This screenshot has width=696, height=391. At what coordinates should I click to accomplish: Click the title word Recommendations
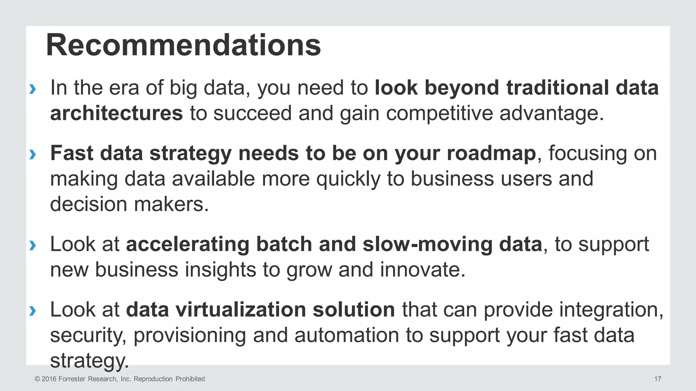[183, 45]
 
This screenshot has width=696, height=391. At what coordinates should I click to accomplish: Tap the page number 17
[658, 379]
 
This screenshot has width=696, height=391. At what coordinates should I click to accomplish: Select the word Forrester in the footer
[72, 379]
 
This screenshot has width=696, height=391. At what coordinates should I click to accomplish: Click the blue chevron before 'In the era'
[33, 89]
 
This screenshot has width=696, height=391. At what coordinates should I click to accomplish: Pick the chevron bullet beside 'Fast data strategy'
[33, 154]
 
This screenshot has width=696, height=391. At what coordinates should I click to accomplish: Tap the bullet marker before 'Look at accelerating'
[33, 245]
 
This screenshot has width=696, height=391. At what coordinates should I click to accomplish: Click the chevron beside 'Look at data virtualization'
[33, 311]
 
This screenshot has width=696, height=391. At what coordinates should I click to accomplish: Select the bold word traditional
[557, 88]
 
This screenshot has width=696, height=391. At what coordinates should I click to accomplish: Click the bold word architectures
[117, 113]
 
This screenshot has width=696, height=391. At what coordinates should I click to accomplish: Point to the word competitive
[439, 113]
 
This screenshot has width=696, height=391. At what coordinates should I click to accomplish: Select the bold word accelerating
[187, 244]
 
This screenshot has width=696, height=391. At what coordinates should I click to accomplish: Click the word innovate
[422, 269]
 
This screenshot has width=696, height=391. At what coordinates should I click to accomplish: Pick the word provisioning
[189, 335]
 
